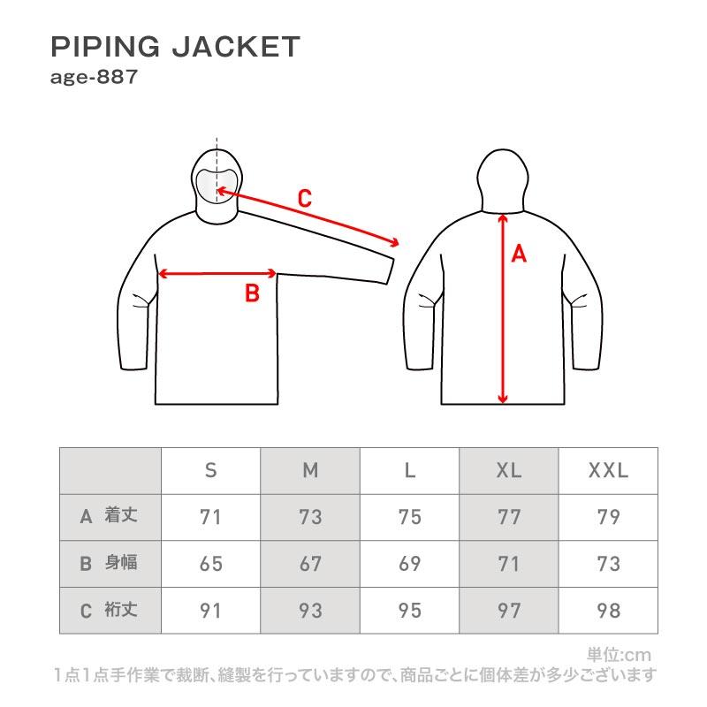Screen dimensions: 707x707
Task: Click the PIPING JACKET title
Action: [176, 47]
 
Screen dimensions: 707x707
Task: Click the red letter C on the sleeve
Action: [304, 199]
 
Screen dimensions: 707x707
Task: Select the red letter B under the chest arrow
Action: [252, 293]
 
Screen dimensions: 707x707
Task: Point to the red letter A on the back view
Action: [519, 255]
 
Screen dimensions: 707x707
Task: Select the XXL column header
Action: [608, 471]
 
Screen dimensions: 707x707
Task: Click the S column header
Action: [210, 471]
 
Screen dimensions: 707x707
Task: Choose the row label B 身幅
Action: [110, 564]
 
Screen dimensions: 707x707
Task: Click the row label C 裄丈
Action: [110, 610]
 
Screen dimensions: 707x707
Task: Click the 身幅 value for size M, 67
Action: [310, 564]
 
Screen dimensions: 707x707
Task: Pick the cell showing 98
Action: [608, 610]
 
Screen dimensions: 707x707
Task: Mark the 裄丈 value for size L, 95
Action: [409, 610]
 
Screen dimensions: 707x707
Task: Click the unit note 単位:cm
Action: [619, 655]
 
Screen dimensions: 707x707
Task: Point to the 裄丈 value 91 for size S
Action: [210, 610]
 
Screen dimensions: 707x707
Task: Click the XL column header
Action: [509, 471]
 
